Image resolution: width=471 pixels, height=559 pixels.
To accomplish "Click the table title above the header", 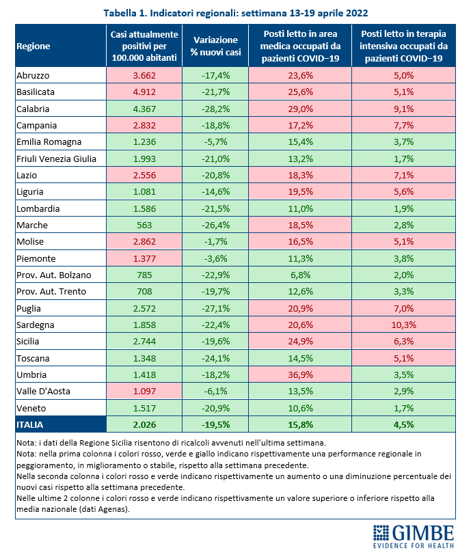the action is click(x=236, y=13).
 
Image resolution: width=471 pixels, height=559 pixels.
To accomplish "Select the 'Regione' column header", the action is click(x=33, y=46).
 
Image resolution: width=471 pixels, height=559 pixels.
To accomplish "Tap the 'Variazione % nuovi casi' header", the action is click(x=215, y=46).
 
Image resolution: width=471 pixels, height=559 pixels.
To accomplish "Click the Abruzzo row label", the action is click(x=33, y=76).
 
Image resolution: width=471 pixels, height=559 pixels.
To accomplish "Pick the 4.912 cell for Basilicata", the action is click(x=144, y=92).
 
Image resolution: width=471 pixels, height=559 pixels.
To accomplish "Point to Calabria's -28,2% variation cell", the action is click(x=215, y=109).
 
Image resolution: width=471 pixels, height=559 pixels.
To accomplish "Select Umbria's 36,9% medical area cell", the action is click(x=300, y=374).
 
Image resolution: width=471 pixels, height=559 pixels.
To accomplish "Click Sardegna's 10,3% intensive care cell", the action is click(x=404, y=325).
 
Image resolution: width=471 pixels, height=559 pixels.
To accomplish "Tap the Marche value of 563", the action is click(x=144, y=225).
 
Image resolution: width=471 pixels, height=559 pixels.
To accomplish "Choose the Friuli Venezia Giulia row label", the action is click(x=56, y=159).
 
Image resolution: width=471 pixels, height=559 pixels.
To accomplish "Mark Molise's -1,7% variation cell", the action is click(x=215, y=242).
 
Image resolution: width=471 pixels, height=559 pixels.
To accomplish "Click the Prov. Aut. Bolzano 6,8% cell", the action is click(x=300, y=275).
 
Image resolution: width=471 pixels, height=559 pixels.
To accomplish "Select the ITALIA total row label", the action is click(x=30, y=424).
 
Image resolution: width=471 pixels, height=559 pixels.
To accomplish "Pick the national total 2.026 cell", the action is click(x=144, y=424).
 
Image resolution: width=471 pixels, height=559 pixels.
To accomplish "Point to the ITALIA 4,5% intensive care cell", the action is click(x=404, y=424).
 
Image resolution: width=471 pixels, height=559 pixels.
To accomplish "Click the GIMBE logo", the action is click(x=414, y=536).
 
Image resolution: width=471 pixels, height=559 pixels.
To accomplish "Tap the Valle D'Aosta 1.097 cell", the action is click(x=144, y=391).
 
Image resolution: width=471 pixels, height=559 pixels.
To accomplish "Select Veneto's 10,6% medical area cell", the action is click(x=300, y=408).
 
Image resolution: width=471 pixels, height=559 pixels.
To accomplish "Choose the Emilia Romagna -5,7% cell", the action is click(x=215, y=142).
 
